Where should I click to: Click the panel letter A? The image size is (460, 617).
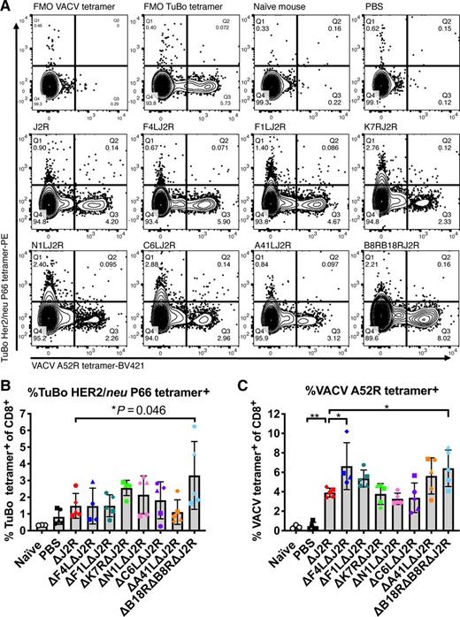6,7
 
